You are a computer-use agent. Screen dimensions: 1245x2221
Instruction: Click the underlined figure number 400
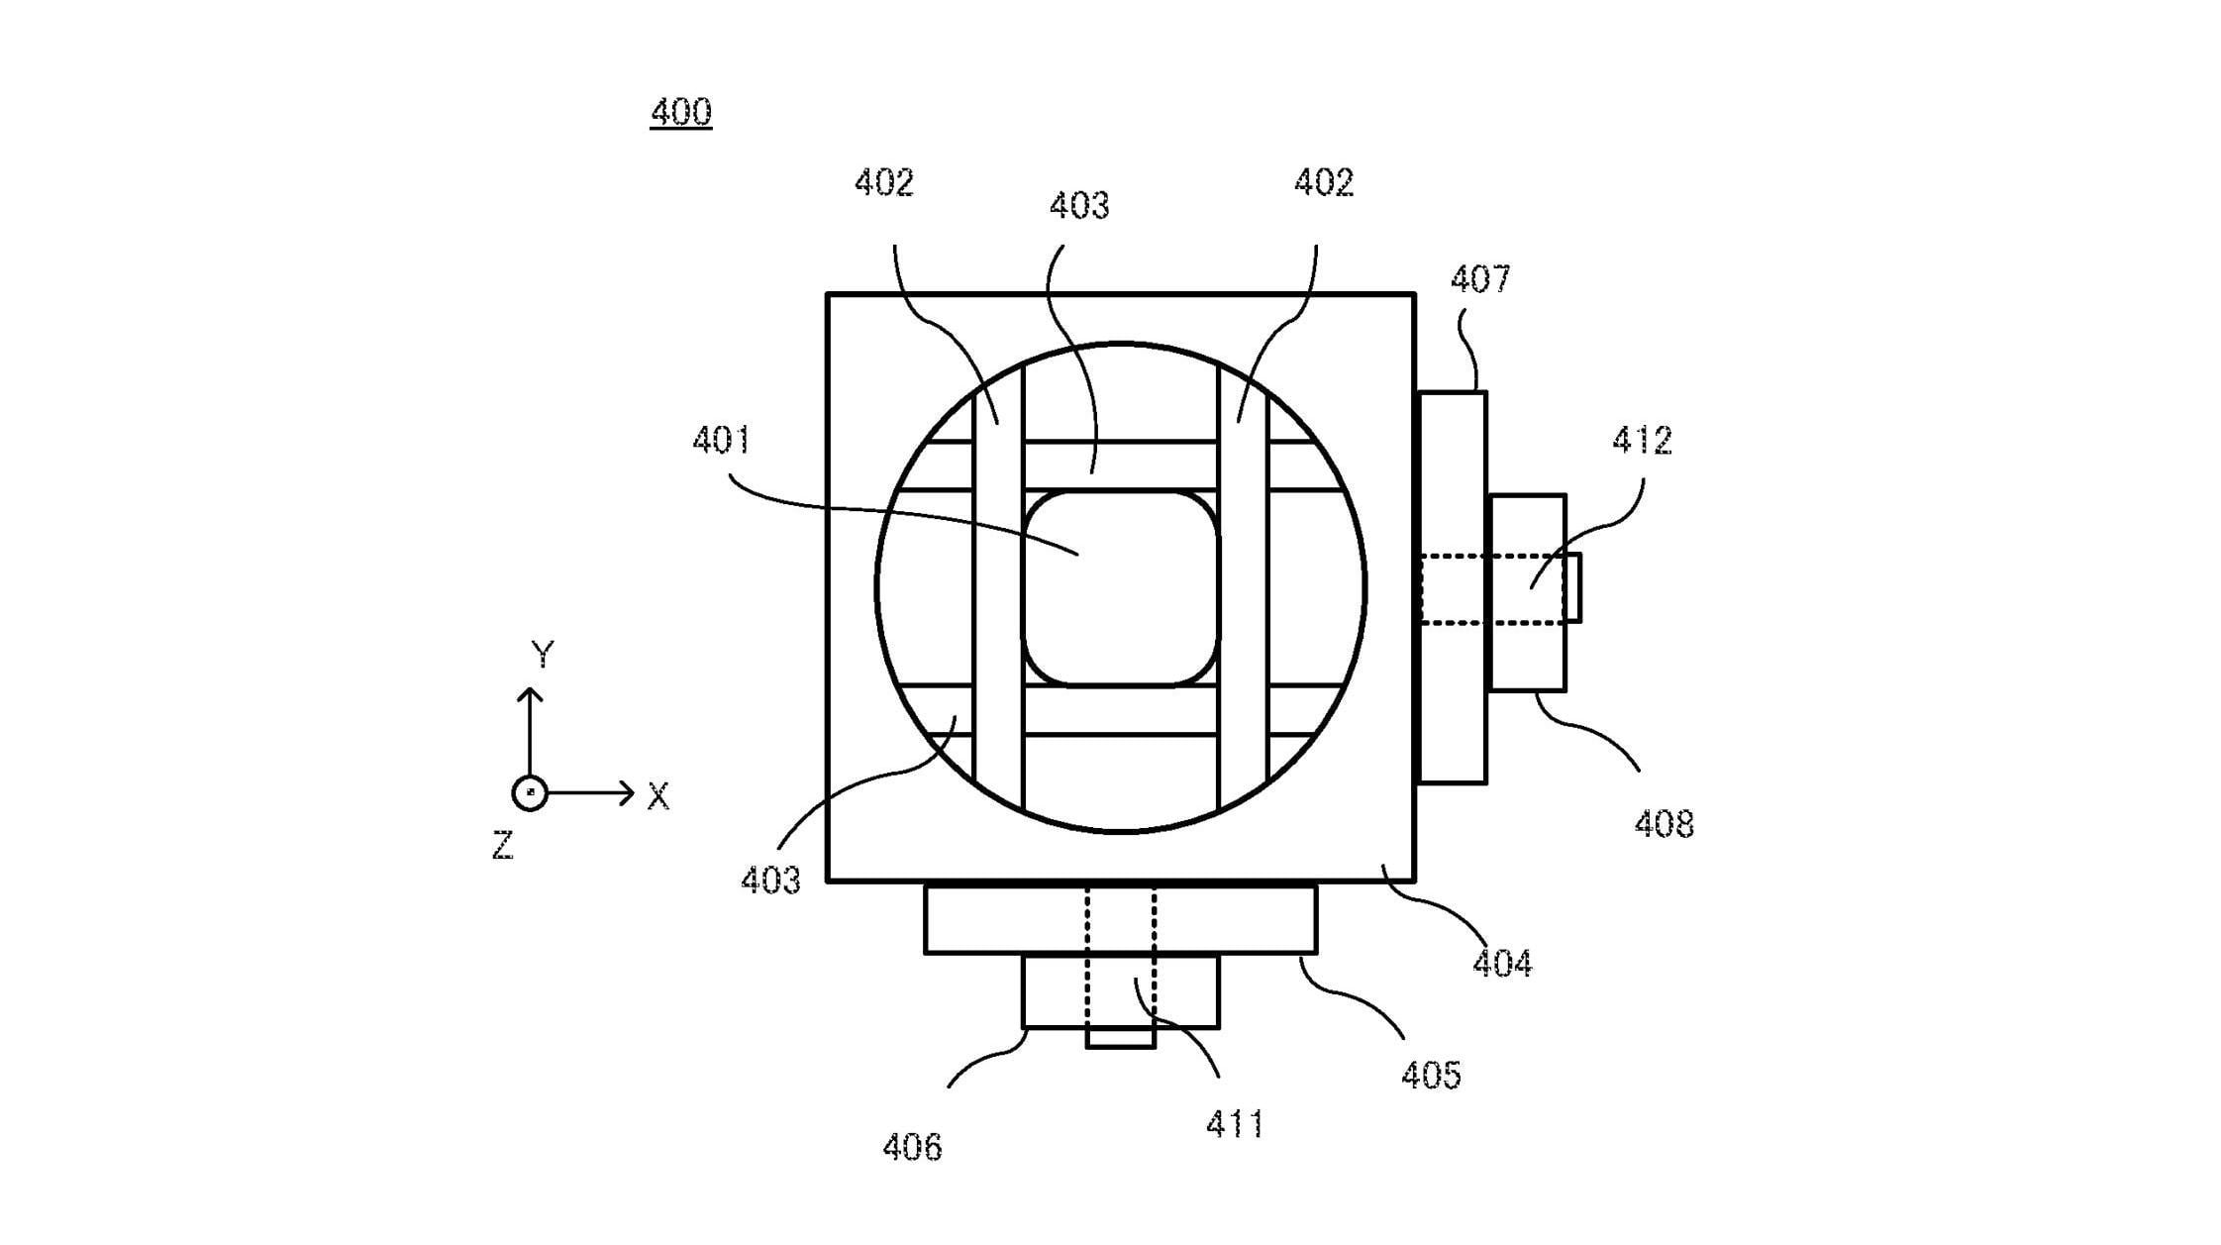(x=680, y=112)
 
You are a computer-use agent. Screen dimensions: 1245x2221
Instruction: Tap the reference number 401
(x=722, y=440)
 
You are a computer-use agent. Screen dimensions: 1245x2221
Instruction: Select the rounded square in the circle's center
(x=1120, y=587)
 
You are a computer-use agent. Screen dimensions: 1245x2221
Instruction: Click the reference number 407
(x=1480, y=279)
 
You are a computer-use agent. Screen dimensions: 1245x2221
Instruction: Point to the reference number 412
(x=1642, y=440)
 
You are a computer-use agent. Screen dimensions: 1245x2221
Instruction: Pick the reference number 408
(x=1664, y=824)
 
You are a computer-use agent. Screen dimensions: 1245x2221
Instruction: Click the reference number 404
(x=1502, y=964)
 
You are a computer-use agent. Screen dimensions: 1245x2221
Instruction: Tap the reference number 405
(x=1431, y=1075)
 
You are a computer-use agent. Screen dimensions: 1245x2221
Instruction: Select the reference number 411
(x=1235, y=1124)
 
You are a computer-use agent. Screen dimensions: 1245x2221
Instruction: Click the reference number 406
(x=912, y=1148)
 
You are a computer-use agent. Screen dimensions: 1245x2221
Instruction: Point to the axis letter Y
(x=543, y=654)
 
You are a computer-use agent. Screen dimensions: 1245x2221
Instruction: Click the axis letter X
(x=658, y=796)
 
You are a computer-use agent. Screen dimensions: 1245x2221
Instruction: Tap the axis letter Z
(x=503, y=846)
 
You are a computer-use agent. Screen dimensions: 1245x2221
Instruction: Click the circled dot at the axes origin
(x=530, y=793)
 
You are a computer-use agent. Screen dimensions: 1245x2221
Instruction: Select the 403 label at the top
(x=1078, y=206)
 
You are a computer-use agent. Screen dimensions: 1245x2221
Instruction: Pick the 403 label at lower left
(x=770, y=880)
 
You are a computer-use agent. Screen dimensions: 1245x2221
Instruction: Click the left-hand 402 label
(x=883, y=182)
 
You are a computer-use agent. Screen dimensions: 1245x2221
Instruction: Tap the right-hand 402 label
(x=1324, y=182)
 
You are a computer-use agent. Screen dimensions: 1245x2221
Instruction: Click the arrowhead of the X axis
(x=627, y=792)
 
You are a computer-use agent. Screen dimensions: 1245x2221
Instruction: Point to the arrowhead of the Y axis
(x=530, y=694)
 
